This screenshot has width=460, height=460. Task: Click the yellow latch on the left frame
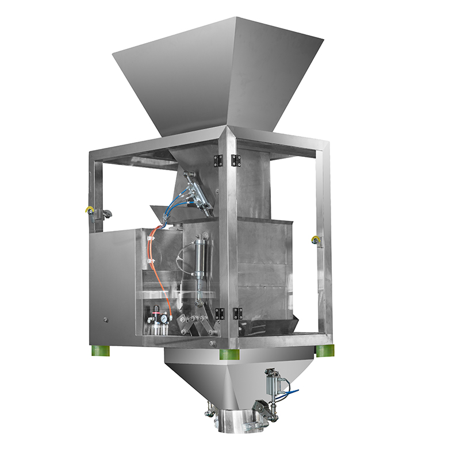[x=89, y=211]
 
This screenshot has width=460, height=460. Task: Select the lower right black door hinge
[x=237, y=313]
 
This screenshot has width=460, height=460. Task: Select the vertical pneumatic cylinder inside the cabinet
[x=200, y=264]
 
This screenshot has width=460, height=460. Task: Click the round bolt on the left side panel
[x=105, y=319]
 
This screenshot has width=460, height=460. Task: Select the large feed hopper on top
[x=217, y=75]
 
